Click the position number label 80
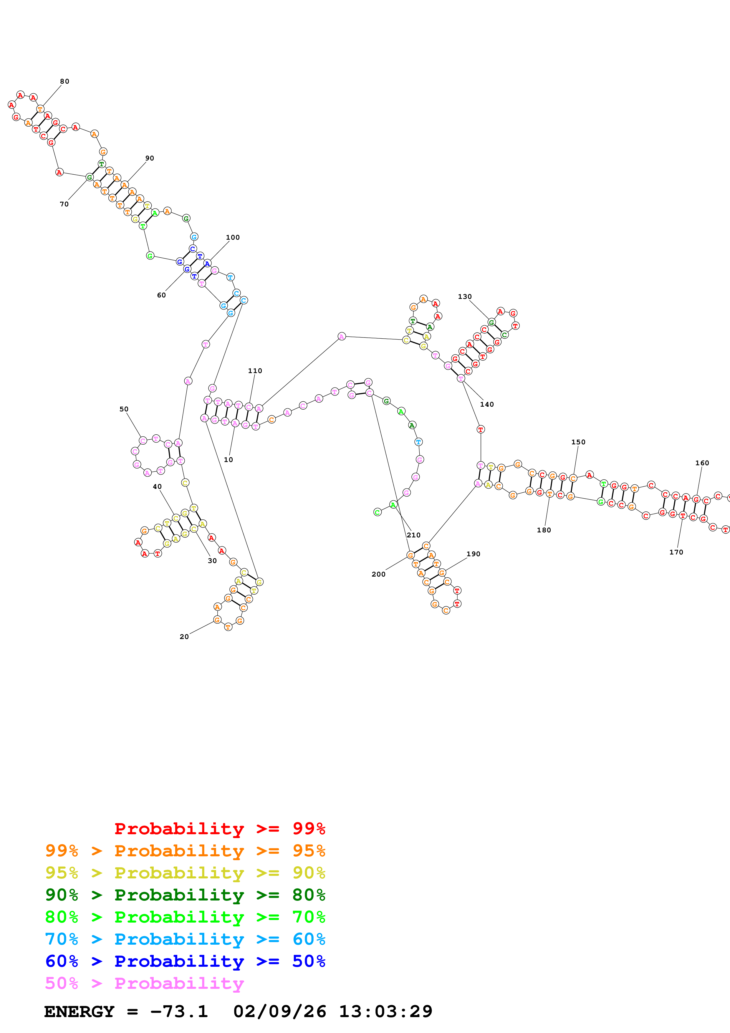[x=65, y=82]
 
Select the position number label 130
[x=465, y=297]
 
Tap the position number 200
[x=378, y=574]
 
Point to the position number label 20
[x=184, y=637]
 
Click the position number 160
[x=702, y=463]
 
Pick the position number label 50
[x=124, y=409]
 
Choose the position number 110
[x=255, y=371]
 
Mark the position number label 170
[x=676, y=552]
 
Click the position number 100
[x=233, y=238]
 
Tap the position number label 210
[x=413, y=535]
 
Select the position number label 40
[x=157, y=486]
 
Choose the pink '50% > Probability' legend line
[x=144, y=983]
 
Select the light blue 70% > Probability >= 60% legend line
[x=185, y=939]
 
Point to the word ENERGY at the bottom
[x=79, y=1012]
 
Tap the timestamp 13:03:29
[x=385, y=1012]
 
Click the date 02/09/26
[x=279, y=1012]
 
